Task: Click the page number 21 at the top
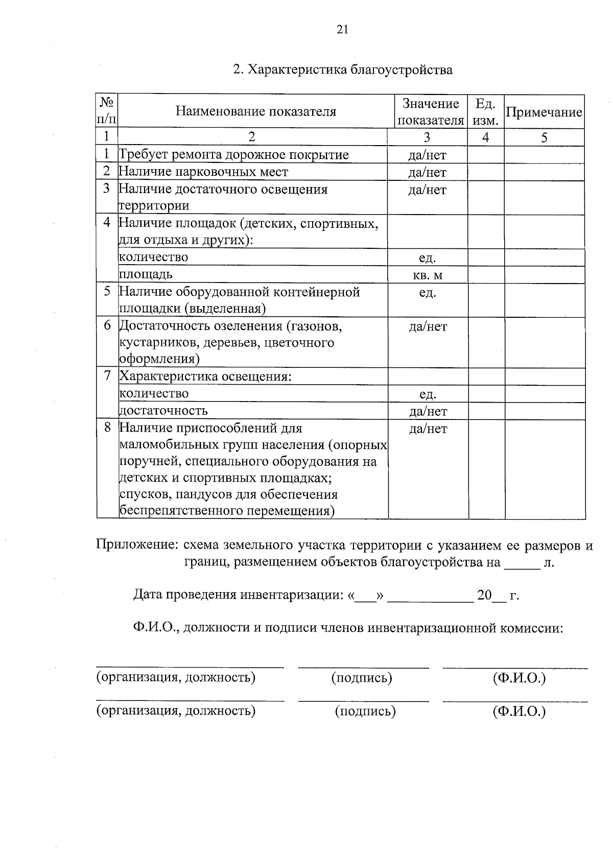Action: [342, 30]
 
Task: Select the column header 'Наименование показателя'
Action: [256, 111]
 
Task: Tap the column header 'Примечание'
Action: [544, 112]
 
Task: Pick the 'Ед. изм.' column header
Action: [485, 112]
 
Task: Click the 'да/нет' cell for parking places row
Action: [427, 172]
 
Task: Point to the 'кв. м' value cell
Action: [427, 275]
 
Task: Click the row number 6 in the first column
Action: [107, 325]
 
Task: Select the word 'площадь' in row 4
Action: [146, 274]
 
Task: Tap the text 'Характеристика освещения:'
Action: [205, 377]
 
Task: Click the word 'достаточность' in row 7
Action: [163, 410]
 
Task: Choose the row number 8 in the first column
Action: [107, 427]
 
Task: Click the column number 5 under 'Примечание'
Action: [544, 137]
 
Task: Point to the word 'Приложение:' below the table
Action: [137, 545]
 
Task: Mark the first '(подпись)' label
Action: [362, 678]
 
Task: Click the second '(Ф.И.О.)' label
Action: [519, 711]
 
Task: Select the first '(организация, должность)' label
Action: [176, 677]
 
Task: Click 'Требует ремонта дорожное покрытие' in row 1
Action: [234, 155]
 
